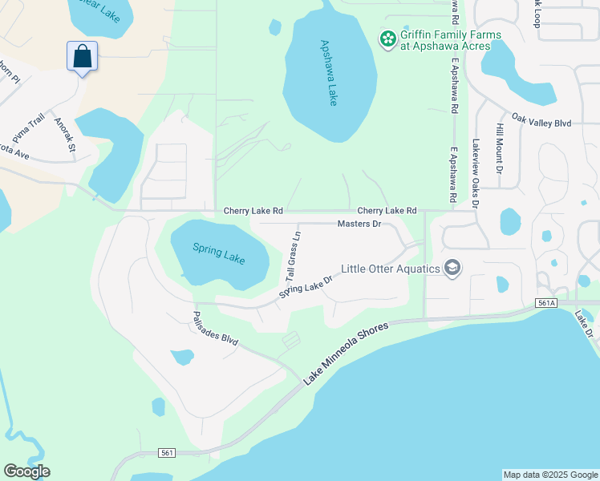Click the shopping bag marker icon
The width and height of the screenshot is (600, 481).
tap(82, 57)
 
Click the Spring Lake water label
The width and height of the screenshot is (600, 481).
tap(218, 254)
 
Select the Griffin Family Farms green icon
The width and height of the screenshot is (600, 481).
tap(388, 38)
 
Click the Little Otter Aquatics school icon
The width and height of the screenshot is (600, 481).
tap(452, 268)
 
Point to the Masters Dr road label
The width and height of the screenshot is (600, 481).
tap(359, 224)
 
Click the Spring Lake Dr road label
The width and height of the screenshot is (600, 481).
tap(306, 285)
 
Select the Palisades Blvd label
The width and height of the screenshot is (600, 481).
tap(216, 329)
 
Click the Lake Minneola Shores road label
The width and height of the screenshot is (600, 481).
tap(347, 352)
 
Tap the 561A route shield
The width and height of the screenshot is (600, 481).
tap(545, 303)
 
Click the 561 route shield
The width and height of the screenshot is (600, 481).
tap(167, 453)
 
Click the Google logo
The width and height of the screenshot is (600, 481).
tap(26, 471)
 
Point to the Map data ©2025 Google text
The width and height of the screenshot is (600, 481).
tap(550, 475)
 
